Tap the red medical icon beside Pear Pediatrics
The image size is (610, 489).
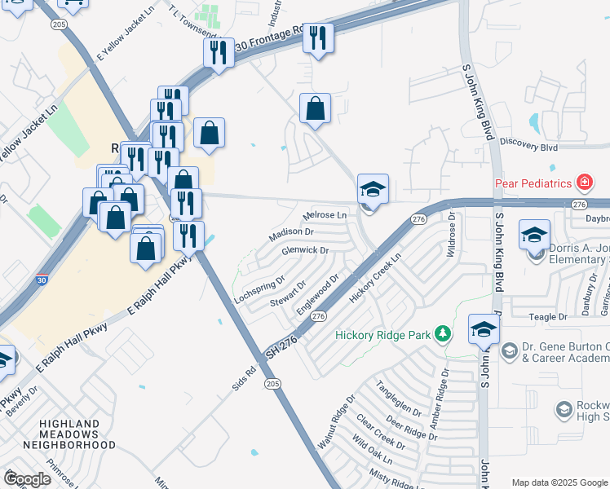click(x=584, y=182)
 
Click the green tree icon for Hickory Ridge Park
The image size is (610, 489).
click(x=442, y=333)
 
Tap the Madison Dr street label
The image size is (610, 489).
click(x=292, y=235)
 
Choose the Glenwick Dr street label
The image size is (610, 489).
click(x=304, y=250)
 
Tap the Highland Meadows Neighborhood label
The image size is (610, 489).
click(x=69, y=434)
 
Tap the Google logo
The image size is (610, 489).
click(x=28, y=479)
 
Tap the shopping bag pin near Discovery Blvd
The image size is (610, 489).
click(x=315, y=108)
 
